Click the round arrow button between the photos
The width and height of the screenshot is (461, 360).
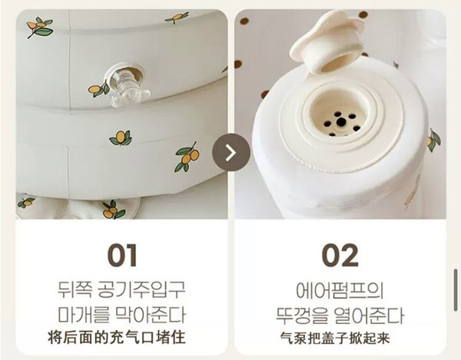231,153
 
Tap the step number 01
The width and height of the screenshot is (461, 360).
122,255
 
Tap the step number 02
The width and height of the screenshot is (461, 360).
340,255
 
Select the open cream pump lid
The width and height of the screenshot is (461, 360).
327,41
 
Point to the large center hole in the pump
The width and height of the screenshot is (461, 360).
340,121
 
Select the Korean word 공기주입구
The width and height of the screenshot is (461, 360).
141,289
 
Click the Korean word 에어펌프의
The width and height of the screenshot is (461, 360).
340,290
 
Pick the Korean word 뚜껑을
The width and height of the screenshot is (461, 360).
302,315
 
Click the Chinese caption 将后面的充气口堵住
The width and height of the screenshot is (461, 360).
117,338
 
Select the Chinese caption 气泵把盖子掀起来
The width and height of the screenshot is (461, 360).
335,338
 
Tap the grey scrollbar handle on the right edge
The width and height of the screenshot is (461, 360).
456,290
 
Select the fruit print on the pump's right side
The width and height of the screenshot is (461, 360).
433,140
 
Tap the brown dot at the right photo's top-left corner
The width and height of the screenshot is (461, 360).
244,21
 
